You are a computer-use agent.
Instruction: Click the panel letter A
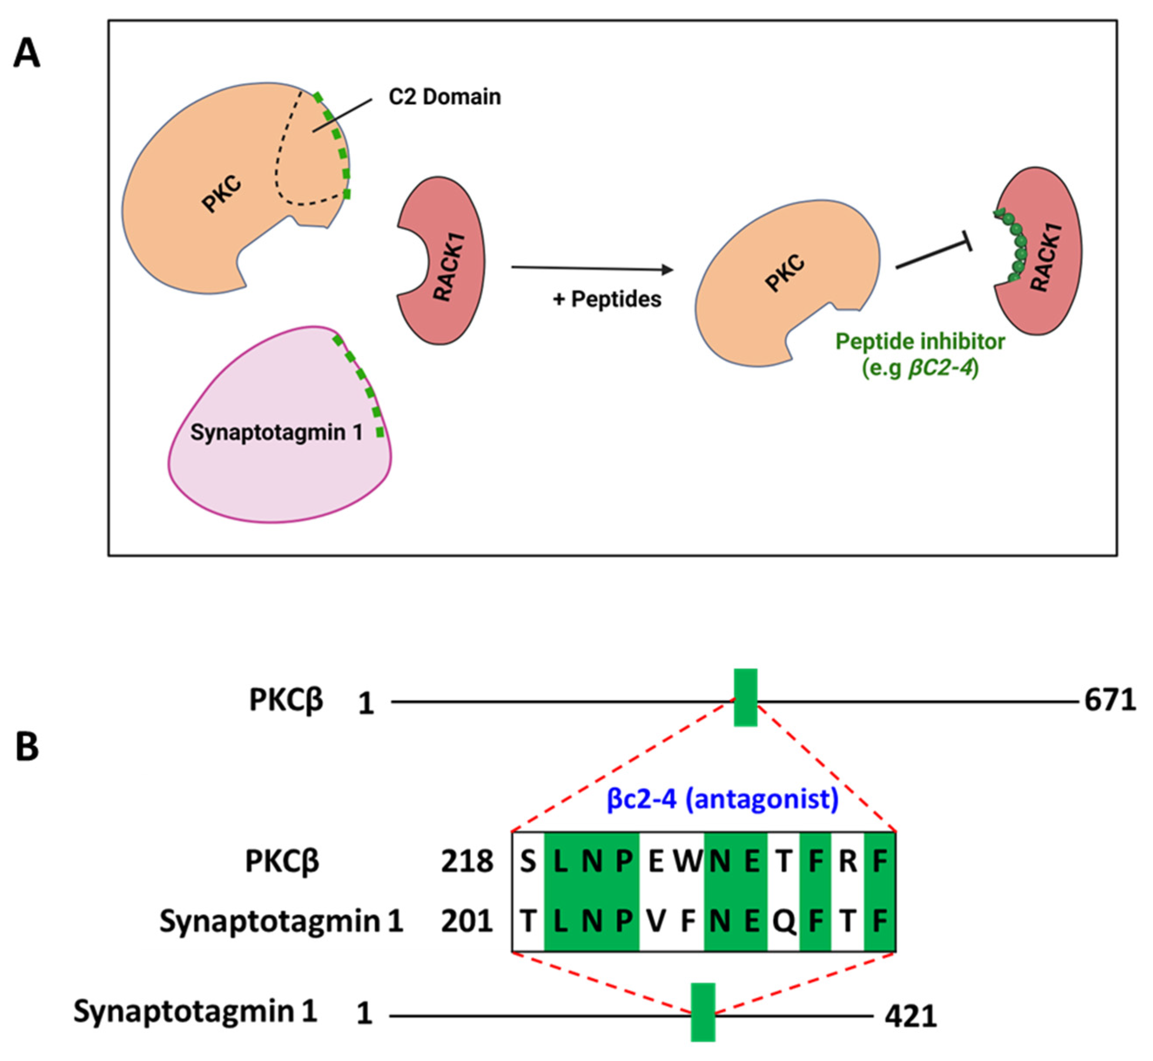click(x=27, y=54)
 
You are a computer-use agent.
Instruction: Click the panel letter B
click(x=27, y=746)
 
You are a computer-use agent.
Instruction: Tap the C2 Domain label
click(x=444, y=96)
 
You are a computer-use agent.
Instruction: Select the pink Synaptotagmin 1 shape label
click(x=276, y=432)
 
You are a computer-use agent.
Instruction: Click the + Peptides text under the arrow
click(x=607, y=299)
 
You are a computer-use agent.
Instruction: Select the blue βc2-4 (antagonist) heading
click(x=723, y=799)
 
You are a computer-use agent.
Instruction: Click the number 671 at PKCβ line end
click(x=1110, y=701)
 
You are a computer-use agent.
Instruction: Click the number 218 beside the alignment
click(x=467, y=861)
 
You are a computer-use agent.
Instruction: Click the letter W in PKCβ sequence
click(x=687, y=861)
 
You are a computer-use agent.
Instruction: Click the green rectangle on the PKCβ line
click(x=745, y=697)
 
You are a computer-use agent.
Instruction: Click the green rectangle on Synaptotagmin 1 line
click(x=703, y=1012)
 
